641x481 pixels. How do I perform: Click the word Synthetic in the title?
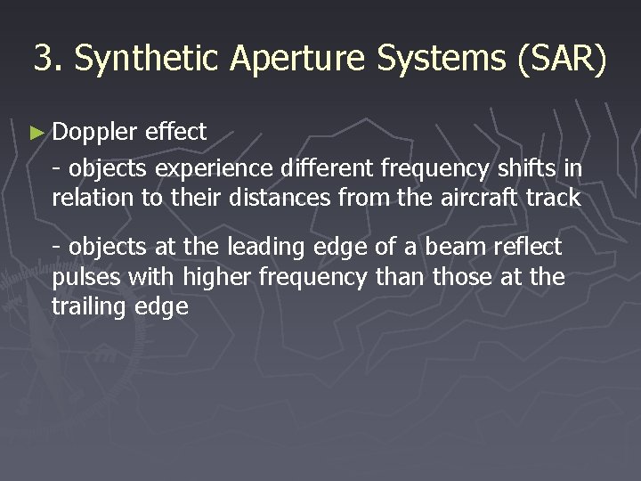coord(148,59)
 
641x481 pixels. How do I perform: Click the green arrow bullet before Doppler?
coord(37,133)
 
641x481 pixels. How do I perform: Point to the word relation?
coord(93,198)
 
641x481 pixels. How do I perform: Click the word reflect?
coord(531,246)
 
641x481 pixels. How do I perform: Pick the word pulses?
coord(87,278)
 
